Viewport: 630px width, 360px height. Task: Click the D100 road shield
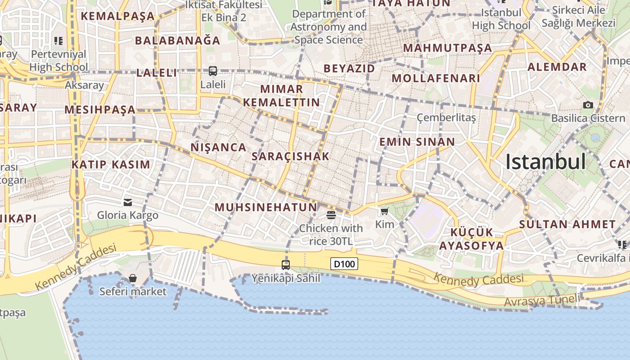344,264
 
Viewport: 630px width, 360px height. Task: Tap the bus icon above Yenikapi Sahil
286,265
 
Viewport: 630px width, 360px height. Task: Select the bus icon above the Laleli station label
213,71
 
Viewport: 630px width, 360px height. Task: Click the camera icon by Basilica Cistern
588,105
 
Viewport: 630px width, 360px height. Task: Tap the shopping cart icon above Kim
384,211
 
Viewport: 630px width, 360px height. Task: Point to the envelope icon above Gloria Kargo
128,202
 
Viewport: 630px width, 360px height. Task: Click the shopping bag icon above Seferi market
133,278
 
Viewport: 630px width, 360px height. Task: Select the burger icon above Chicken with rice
331,215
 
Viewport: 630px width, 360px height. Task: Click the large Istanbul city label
545,162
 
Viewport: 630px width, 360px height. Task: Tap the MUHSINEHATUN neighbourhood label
266,207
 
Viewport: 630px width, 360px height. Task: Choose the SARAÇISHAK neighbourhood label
291,156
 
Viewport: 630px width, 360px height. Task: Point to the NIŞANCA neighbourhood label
219,147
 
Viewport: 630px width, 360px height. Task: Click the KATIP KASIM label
111,164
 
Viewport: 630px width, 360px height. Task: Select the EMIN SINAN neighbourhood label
417,142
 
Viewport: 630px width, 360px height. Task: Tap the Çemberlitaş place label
446,118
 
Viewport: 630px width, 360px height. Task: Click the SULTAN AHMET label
567,224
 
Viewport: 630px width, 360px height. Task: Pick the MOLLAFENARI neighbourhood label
436,78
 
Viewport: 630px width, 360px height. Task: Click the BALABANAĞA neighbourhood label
178,40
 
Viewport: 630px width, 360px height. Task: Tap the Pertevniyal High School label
58,61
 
